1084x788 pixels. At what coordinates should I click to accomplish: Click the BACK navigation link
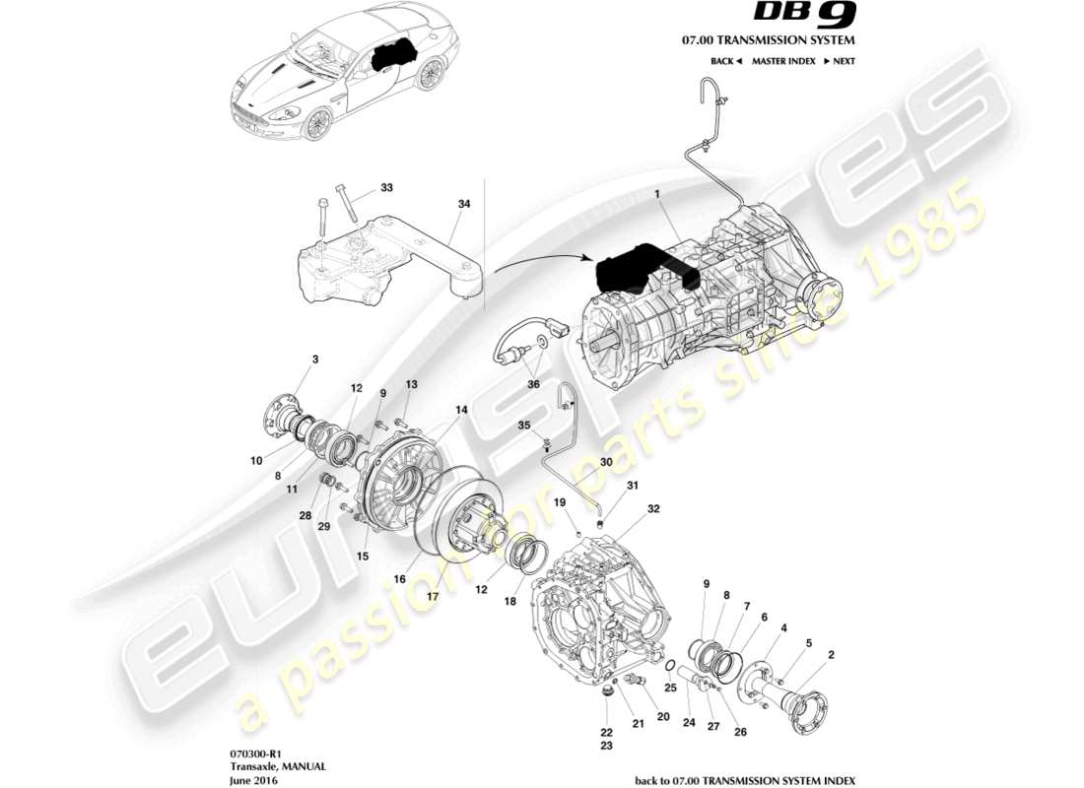[725, 61]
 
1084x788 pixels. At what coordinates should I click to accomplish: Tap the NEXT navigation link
[839, 61]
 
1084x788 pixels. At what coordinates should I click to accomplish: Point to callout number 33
[386, 187]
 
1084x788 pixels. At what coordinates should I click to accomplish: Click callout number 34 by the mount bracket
[464, 204]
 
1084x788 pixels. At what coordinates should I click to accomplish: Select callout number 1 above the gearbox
[657, 195]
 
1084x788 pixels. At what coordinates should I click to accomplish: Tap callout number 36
[532, 384]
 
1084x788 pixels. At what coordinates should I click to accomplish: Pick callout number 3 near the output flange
[315, 360]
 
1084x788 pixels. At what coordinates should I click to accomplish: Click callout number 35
[525, 425]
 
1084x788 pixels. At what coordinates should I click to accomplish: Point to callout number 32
[652, 509]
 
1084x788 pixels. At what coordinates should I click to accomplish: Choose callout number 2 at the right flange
[832, 654]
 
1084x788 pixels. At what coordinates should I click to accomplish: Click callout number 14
[460, 409]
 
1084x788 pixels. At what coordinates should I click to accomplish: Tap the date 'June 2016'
[252, 780]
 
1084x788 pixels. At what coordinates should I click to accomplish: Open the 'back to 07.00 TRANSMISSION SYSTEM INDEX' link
[745, 780]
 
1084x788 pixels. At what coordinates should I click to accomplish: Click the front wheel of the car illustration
[316, 123]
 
